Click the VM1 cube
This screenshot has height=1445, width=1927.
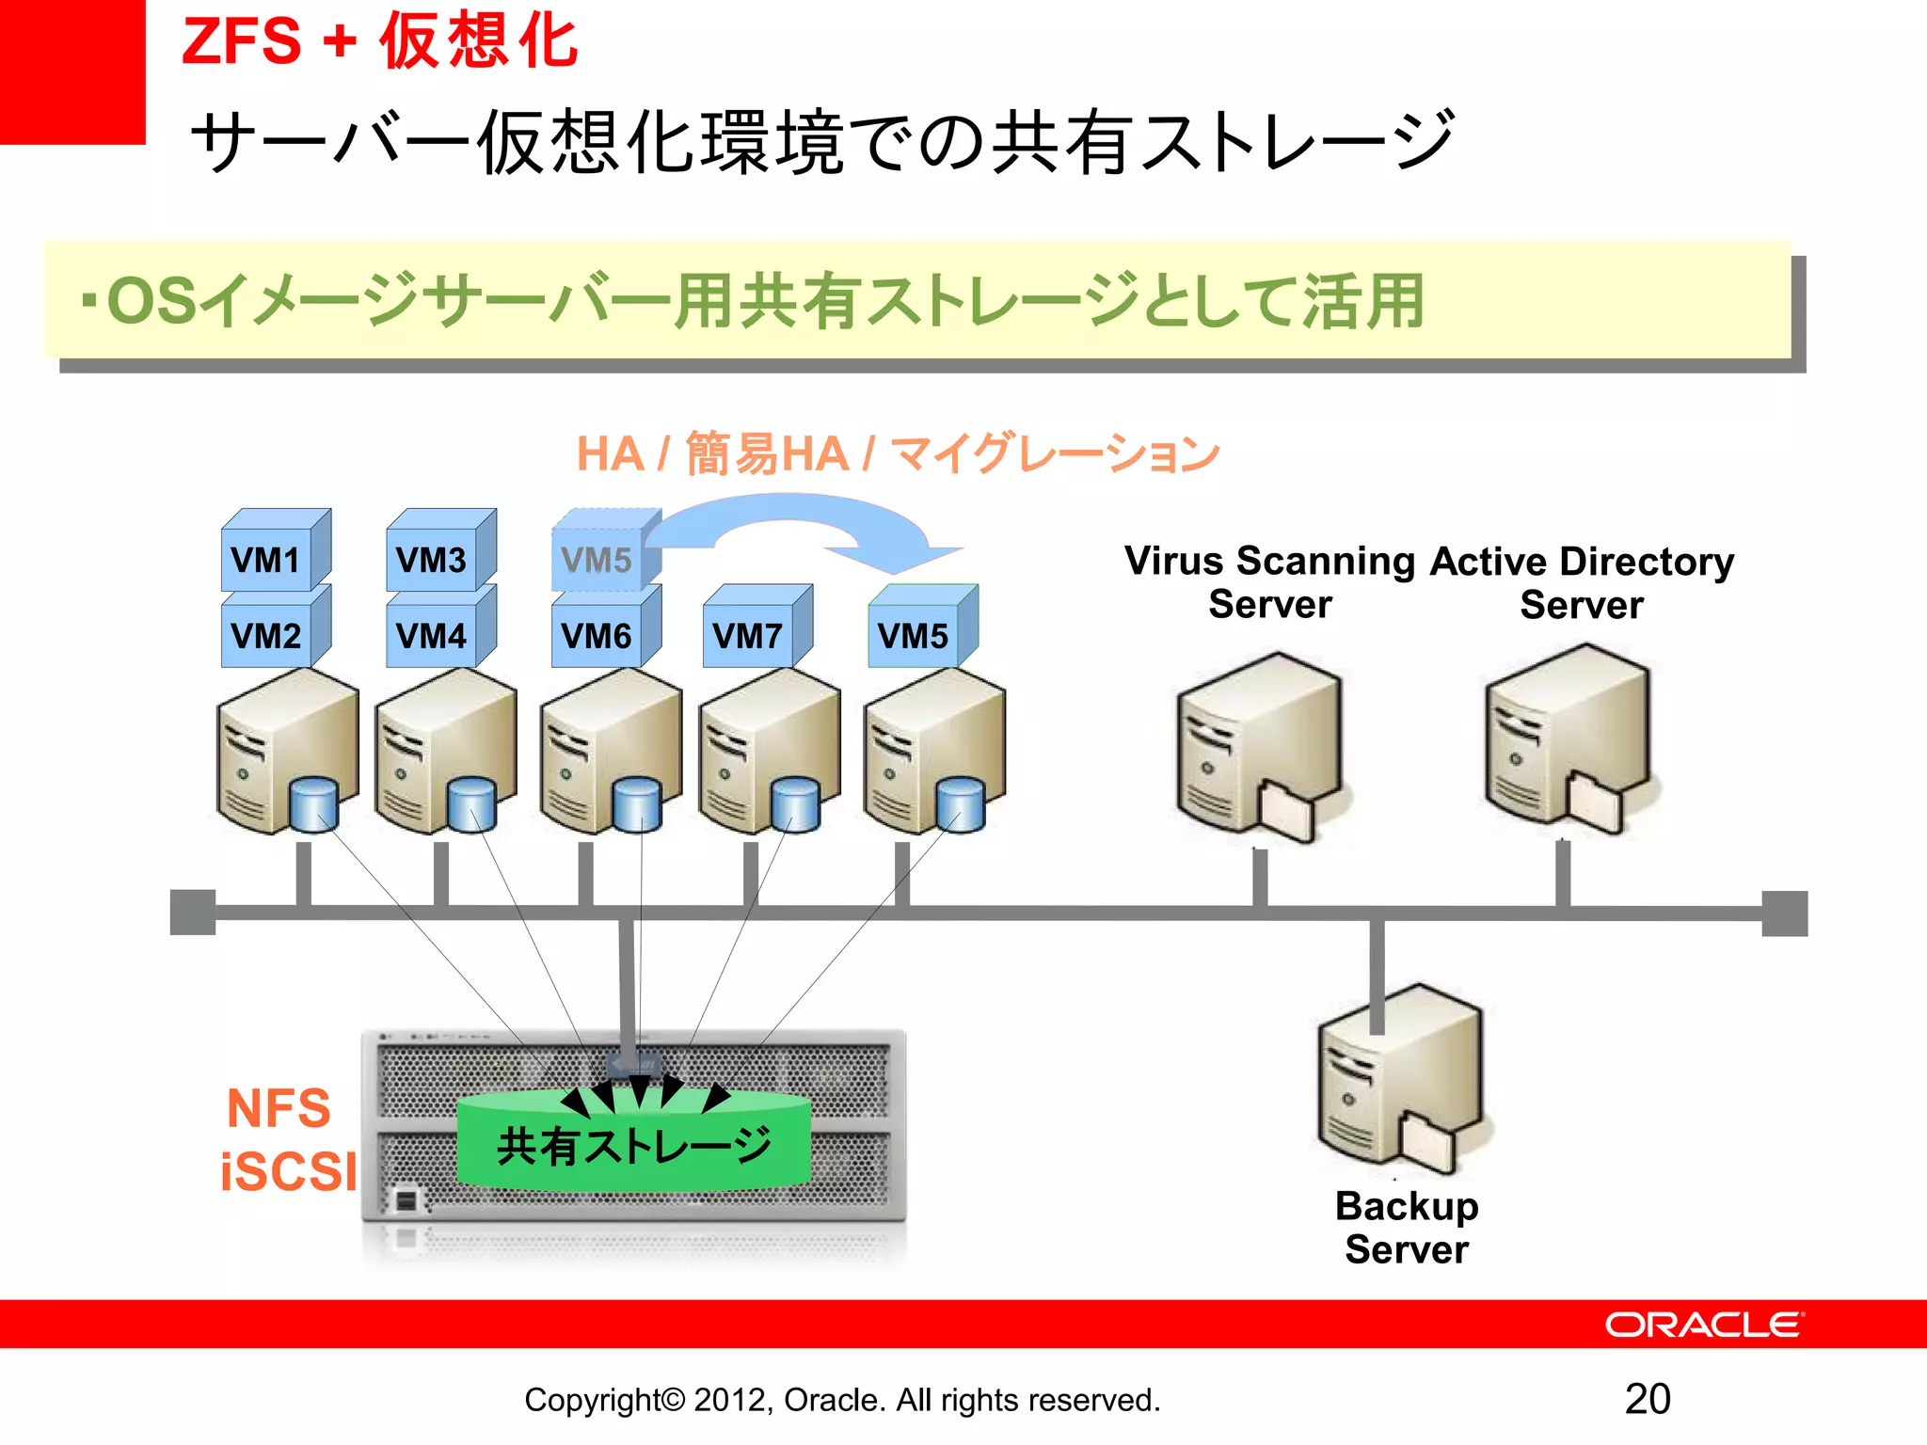(267, 560)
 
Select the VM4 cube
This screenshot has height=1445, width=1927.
(432, 636)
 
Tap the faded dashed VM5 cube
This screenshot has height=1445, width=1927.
(597, 561)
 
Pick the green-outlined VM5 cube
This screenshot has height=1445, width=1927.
(914, 636)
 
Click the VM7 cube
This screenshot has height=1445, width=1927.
(748, 636)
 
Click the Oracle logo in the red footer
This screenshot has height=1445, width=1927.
(1704, 1325)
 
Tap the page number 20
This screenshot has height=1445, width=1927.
(1648, 1399)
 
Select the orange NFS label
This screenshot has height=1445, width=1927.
(279, 1108)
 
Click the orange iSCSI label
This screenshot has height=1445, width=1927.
(288, 1171)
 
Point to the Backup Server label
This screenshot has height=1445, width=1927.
(1407, 1227)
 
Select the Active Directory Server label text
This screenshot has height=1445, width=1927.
(1582, 582)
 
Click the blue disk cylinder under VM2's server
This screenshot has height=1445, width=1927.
(313, 804)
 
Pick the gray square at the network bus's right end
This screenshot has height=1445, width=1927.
(1784, 913)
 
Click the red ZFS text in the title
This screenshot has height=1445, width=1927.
(241, 41)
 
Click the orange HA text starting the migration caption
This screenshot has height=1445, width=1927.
(610, 454)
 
